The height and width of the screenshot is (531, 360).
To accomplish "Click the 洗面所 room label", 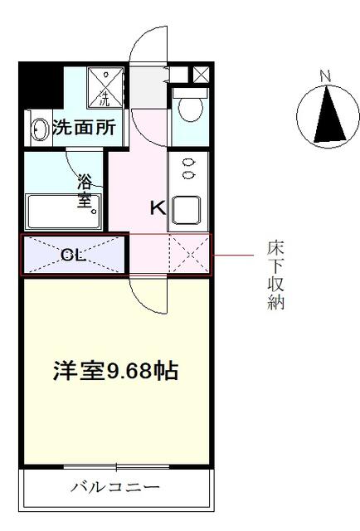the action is (x=85, y=128).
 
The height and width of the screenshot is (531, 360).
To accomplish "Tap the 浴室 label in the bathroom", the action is (x=85, y=191).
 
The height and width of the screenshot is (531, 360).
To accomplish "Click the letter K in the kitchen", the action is (x=158, y=207).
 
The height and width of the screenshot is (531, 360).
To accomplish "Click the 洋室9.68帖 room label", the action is (x=116, y=371).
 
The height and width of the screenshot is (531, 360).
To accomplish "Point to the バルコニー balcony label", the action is (x=115, y=487).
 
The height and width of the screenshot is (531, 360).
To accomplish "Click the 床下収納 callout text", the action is (x=275, y=275).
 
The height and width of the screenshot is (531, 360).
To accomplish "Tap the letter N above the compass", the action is (x=325, y=76).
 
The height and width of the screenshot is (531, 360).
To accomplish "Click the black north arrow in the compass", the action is (x=328, y=114).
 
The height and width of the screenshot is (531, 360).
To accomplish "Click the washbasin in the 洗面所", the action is (x=39, y=129).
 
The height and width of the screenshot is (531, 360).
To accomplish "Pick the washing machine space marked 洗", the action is (x=105, y=87).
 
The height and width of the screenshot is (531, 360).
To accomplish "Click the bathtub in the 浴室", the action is (x=63, y=212).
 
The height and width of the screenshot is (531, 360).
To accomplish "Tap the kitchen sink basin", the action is (x=187, y=210).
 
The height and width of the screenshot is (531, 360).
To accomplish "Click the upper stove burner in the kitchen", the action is (x=188, y=163).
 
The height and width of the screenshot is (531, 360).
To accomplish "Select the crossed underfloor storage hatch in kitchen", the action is (x=190, y=253).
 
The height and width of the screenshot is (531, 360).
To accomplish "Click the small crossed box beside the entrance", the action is (x=202, y=74).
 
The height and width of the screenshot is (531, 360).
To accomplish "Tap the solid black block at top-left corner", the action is (x=41, y=85).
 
